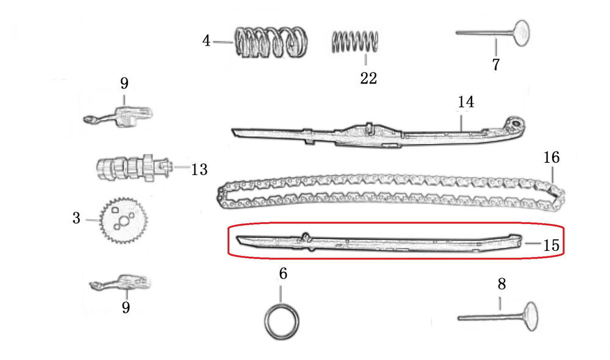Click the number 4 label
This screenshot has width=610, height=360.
click(x=206, y=40)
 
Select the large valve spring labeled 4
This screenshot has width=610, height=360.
click(x=271, y=42)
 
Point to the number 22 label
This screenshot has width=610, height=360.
click(x=368, y=78)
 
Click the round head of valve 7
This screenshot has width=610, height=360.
click(x=522, y=33)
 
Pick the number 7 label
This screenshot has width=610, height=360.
click(x=495, y=64)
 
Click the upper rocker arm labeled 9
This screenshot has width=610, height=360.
click(x=118, y=115)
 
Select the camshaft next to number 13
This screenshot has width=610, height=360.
click(x=134, y=168)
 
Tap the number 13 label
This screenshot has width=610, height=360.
click(x=199, y=170)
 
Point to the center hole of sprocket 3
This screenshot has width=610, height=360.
click(x=124, y=221)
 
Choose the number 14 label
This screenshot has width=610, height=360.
click(x=465, y=102)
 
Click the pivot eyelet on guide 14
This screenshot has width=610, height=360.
click(x=516, y=124)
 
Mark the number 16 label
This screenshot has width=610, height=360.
click(x=551, y=157)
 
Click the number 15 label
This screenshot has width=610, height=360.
click(x=551, y=245)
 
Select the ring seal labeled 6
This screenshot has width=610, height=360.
click(x=282, y=322)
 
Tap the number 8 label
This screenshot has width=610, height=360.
click(x=501, y=284)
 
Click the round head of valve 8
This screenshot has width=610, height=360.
click(x=531, y=316)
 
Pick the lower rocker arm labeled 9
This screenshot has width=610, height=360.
click(x=120, y=283)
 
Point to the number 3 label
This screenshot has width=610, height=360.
click(x=76, y=218)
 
